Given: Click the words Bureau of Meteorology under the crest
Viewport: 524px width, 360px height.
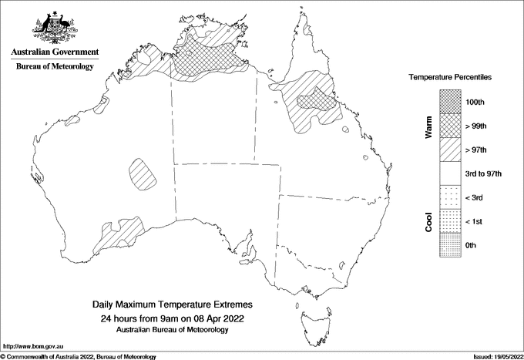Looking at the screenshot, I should tap(55, 67).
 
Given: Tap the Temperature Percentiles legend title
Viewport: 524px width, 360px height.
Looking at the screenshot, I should tap(450, 79).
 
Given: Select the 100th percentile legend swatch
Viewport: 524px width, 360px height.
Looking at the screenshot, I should tap(451, 101).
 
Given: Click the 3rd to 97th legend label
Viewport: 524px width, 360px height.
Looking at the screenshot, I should tap(485, 173).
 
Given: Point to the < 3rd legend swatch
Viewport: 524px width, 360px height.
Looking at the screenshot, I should tap(451, 197).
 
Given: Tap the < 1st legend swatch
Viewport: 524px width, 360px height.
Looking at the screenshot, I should tap(451, 221).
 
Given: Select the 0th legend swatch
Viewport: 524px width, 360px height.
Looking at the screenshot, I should tap(451, 245).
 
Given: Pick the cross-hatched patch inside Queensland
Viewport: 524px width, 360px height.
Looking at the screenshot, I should tap(314, 103).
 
